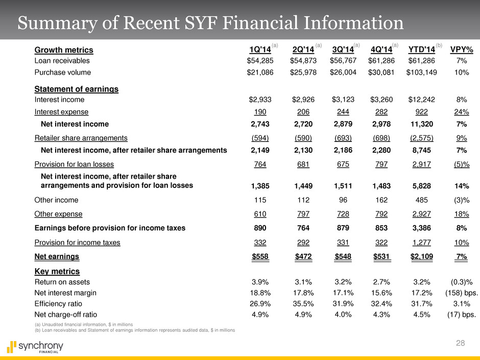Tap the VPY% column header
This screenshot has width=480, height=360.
point(461,50)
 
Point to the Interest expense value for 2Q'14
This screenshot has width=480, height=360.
point(303,112)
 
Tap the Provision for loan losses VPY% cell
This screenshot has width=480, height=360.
point(461,164)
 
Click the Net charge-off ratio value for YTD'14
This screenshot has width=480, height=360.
point(421,315)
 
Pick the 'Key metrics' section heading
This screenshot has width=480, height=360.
point(57,271)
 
